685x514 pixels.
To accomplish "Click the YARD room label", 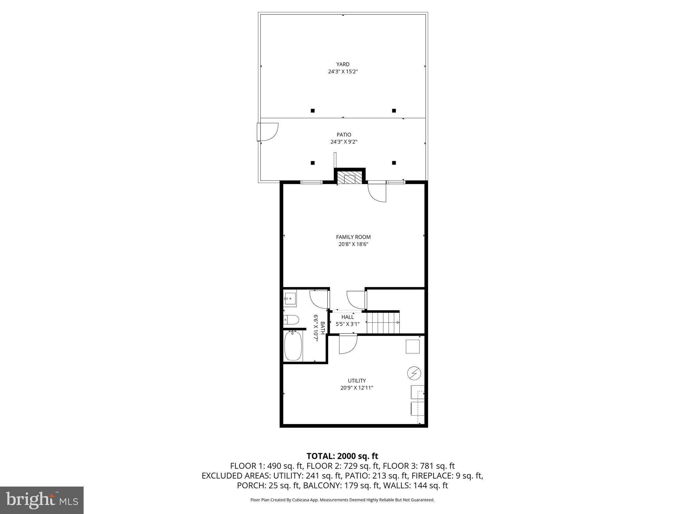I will tap(343, 64).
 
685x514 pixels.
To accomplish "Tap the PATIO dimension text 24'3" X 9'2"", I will tap(344, 142).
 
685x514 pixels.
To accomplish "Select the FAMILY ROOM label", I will tap(353, 237).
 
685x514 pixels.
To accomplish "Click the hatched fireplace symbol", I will tap(350, 178).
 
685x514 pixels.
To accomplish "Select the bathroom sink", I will tap(290, 298).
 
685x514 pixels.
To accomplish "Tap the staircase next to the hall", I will tap(383, 323).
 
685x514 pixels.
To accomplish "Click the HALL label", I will tap(348, 317).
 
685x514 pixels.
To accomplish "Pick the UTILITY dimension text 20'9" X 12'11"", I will tap(356, 388).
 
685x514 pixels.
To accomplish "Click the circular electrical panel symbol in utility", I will tap(414, 373).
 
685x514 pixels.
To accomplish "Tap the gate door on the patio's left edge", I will tap(267, 132).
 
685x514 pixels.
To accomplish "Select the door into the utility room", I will tap(348, 344).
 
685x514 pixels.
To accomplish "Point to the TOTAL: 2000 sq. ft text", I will tap(342, 456).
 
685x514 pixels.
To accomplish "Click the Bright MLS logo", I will tap(42, 500).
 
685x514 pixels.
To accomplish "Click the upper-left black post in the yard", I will tap(313, 111).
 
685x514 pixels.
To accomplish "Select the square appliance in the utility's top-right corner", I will tap(413, 346).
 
